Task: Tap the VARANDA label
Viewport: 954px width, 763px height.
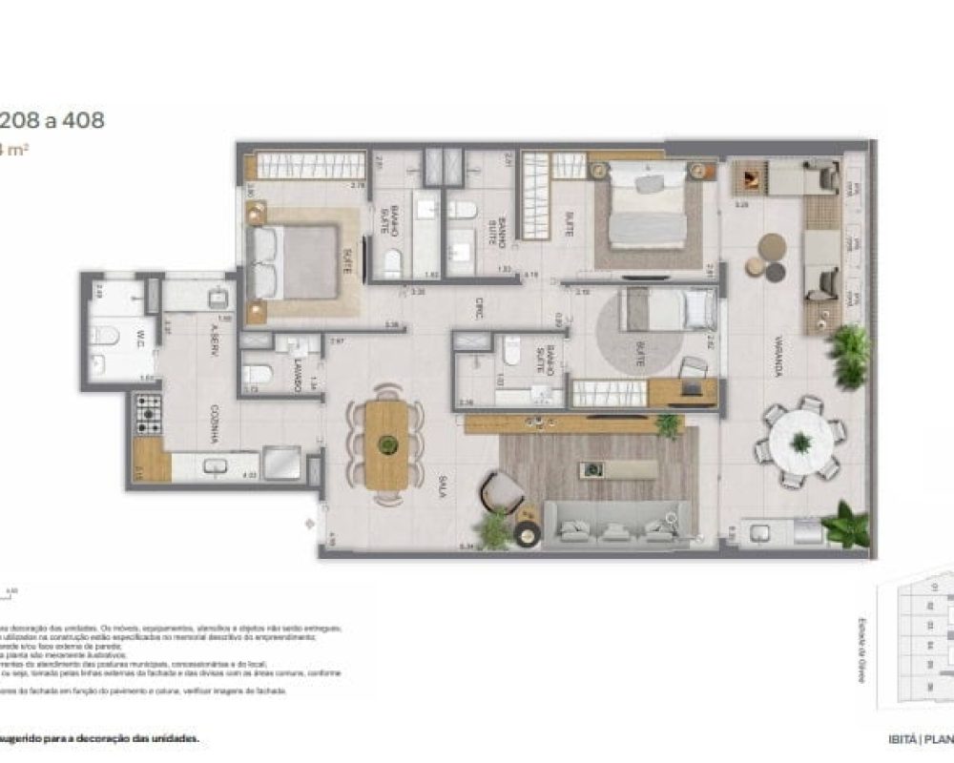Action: (778, 361)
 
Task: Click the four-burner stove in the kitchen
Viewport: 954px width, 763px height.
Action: (149, 413)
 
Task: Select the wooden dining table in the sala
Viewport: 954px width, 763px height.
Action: (387, 444)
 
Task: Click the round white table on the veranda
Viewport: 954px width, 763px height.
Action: (800, 442)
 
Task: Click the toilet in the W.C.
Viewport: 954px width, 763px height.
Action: (102, 335)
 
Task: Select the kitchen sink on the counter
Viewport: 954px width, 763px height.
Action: (214, 465)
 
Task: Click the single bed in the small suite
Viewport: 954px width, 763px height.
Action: (667, 310)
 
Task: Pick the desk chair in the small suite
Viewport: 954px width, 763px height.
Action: (694, 367)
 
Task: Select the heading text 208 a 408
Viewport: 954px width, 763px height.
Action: (52, 121)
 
